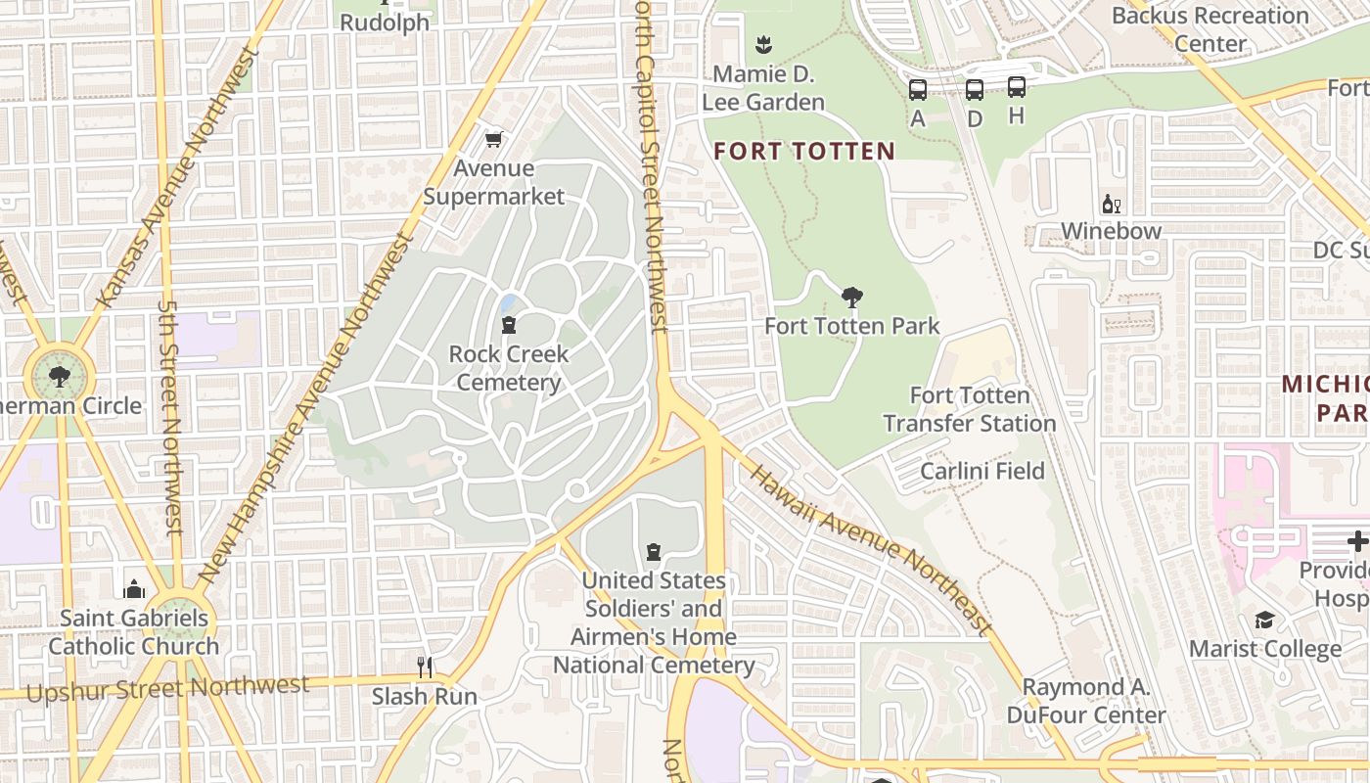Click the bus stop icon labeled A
point(917,90)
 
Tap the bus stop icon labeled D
point(975,90)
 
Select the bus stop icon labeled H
point(1017,87)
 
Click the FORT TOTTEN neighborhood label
point(804,152)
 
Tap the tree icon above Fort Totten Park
point(852,298)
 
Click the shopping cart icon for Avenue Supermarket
point(494,140)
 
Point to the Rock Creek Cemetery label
point(508,368)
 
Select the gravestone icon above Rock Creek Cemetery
point(508,325)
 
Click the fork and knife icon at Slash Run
point(425,668)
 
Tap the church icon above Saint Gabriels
point(134,589)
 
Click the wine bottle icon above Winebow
point(1111,204)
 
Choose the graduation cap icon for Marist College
point(1264,621)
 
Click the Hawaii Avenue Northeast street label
point(871,550)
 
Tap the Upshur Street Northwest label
point(167,688)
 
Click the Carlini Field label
point(982,471)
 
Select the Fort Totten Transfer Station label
point(970,409)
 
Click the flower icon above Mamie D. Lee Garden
point(764,44)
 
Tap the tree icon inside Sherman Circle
point(60,376)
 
